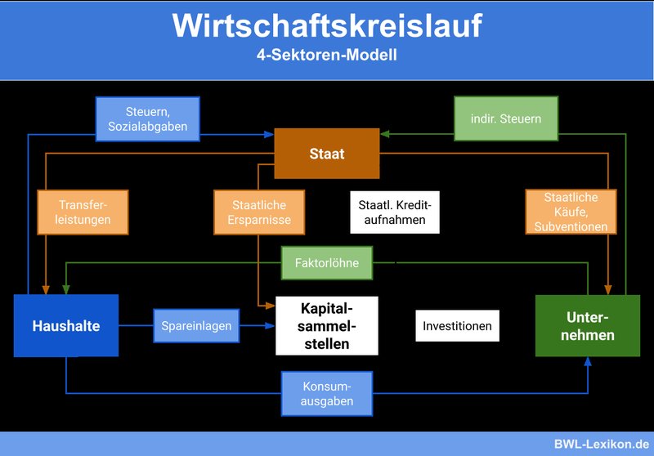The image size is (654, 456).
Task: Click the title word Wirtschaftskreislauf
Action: click(327, 26)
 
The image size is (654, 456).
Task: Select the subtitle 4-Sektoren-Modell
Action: click(327, 55)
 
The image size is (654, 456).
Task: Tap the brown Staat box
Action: click(327, 154)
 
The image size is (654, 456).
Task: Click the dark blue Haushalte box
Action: click(66, 325)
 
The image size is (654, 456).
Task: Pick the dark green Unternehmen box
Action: click(588, 326)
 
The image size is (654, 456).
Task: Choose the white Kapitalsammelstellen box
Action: click(327, 326)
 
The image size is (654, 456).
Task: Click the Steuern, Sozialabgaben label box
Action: click(148, 119)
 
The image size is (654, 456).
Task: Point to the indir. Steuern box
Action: click(506, 118)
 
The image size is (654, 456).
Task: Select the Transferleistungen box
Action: click(83, 212)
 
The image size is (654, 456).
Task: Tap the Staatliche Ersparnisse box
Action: click(259, 212)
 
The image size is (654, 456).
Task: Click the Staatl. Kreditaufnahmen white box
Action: click(395, 212)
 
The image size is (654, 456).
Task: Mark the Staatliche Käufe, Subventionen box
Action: click(571, 212)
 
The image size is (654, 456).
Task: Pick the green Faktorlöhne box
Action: click(327, 263)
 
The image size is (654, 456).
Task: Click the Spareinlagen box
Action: click(196, 326)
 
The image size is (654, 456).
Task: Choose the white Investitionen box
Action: click(458, 326)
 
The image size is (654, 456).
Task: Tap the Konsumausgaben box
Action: click(327, 393)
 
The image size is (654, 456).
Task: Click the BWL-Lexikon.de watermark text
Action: click(602, 444)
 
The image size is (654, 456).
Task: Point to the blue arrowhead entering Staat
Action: click(269, 134)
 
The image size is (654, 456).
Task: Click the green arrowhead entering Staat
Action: click(385, 134)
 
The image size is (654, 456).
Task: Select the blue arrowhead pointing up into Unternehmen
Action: click(588, 361)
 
